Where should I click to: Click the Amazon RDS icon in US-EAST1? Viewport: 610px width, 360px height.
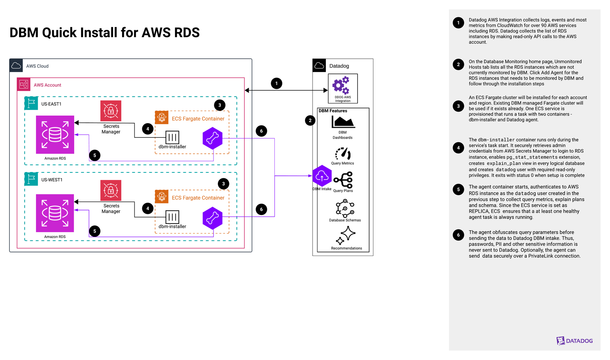point(55,135)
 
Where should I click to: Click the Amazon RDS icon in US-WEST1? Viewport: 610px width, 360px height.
point(55,213)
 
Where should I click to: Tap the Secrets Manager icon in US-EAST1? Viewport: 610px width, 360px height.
point(111,111)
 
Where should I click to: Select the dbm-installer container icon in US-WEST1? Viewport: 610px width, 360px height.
point(172,217)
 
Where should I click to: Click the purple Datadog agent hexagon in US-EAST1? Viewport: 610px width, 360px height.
point(212,138)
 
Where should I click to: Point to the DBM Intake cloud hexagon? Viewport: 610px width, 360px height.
point(322,176)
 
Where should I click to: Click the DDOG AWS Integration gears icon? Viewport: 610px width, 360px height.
point(341,85)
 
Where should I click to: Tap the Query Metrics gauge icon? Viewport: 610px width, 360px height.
point(343,154)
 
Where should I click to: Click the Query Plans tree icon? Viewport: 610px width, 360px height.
point(343,180)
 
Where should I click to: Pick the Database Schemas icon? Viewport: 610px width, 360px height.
point(345,208)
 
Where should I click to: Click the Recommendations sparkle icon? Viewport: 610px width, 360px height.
point(346,235)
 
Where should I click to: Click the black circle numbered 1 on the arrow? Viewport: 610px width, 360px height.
point(277,84)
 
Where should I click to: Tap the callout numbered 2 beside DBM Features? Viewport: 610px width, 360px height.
point(310,121)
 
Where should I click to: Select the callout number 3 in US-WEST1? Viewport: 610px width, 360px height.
point(223,184)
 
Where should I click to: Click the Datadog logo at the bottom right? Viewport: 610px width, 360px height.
point(574,341)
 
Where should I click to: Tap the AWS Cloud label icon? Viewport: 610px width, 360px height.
point(16,66)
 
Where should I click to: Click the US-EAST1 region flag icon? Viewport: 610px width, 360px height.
point(31,103)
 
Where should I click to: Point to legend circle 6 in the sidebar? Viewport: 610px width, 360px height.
point(458,235)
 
